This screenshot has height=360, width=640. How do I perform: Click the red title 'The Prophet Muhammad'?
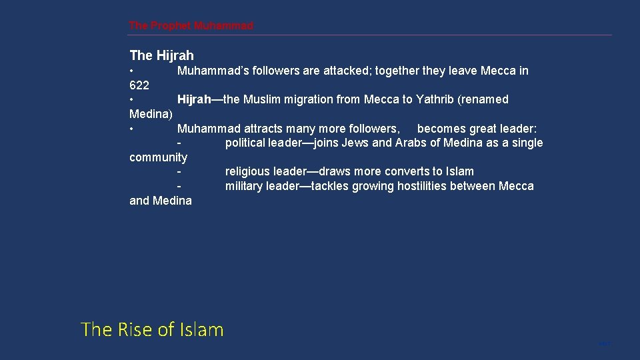[191, 26]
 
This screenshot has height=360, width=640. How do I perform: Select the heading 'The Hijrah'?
[161, 55]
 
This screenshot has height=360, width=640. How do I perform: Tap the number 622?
[139, 85]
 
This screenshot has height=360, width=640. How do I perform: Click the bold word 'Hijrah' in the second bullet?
[193, 99]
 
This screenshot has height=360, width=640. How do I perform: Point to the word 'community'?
[158, 157]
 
